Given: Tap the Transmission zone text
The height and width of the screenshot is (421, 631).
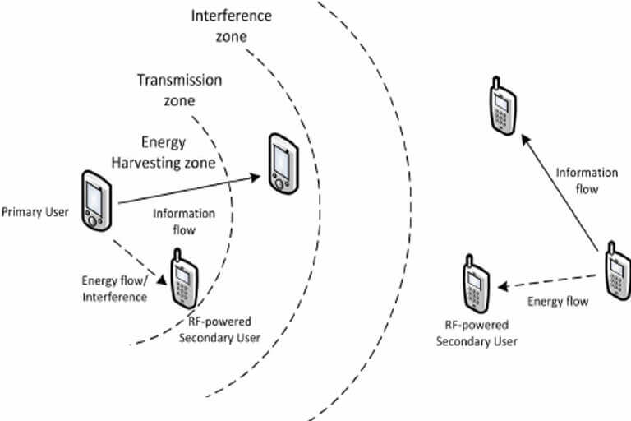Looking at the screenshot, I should tap(178, 90).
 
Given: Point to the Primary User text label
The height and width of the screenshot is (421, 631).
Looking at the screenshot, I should tap(35, 214).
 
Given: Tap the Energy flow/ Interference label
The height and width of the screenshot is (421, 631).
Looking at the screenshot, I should tap(113, 289).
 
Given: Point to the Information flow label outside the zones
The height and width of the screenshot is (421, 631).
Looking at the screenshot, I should tap(587, 181).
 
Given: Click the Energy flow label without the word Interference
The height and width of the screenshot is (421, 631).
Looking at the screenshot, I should tap(558, 302).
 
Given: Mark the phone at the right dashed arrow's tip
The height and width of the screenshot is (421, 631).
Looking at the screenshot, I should tap(476, 285).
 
